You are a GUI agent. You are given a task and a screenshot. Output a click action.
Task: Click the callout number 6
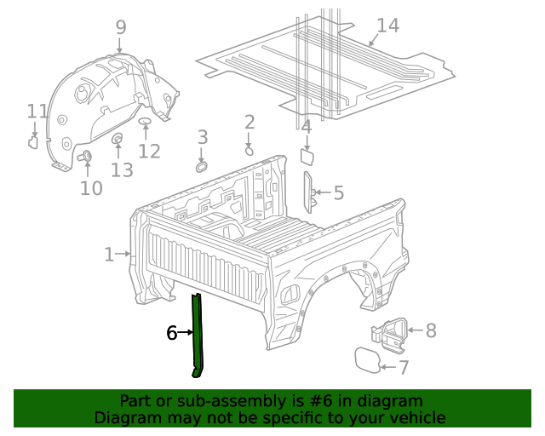pos(171,333)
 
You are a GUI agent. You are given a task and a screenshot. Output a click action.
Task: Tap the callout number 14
pos(387,26)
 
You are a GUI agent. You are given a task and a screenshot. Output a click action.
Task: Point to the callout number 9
pos(120,27)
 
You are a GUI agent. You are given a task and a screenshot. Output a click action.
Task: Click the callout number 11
pos(37,112)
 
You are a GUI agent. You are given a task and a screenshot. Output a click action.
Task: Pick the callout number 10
pos(91,188)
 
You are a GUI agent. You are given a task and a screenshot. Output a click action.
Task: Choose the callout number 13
pos(122,170)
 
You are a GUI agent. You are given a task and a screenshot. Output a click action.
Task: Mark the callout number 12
pos(149,152)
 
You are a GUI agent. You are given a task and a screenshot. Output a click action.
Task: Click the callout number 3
pos(203,137)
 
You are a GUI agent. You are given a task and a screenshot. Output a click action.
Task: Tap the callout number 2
pos(250,123)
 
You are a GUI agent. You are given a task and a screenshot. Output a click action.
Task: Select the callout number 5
pos(338,193)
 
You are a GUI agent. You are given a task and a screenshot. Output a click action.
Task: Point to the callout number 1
pos(109,254)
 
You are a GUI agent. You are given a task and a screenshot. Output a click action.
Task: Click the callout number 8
pos(430,330)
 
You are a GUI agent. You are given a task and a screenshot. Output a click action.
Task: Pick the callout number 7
pos(404,368)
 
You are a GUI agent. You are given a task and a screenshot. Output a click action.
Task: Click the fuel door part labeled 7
pos(369,359)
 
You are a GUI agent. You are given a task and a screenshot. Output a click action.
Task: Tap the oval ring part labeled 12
pos(145,123)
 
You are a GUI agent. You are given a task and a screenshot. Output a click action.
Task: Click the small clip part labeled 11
pos(33,141)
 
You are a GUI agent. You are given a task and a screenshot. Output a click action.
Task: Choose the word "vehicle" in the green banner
pos(415,417)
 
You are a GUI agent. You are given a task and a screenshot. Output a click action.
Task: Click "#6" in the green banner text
pos(320,400)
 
